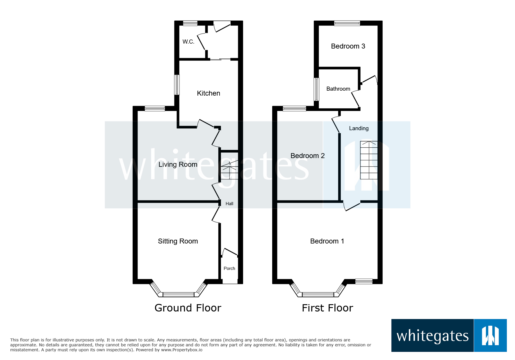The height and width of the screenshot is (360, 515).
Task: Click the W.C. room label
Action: click(188, 42)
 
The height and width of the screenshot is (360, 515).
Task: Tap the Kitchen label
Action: click(209, 93)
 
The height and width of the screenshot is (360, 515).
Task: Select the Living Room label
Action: click(178, 164)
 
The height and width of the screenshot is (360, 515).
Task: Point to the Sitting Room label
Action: click(178, 241)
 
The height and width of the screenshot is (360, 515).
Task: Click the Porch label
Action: click(229, 268)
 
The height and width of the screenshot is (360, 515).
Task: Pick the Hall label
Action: click(229, 204)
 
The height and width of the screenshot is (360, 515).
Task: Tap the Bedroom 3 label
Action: click(348, 46)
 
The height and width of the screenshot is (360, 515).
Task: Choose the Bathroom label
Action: click(338, 89)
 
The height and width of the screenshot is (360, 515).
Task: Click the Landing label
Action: click(359, 128)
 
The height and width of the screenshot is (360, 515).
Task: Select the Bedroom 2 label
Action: click(307, 156)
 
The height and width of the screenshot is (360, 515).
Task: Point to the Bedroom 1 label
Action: click(327, 241)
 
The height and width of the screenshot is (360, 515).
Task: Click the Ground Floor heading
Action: click(188, 308)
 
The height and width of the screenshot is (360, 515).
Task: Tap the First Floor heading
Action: click(327, 308)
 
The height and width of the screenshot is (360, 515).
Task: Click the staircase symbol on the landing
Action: click(369, 160)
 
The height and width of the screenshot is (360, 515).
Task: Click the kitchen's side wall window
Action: click(177, 85)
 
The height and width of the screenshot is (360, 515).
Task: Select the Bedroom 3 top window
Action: click(347, 23)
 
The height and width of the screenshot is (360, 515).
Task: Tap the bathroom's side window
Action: click(316, 89)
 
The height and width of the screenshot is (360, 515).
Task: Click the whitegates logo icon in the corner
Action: click(490, 336)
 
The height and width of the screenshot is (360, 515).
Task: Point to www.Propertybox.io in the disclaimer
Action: click(182, 350)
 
